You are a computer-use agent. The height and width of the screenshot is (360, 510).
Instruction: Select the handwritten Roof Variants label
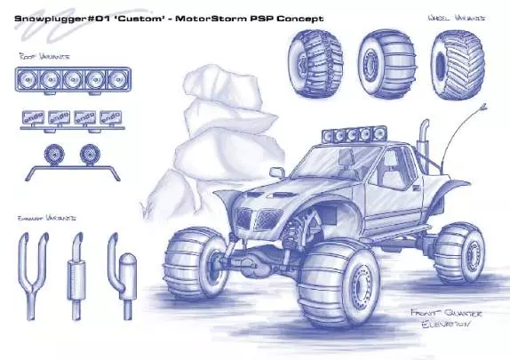coord(42,58)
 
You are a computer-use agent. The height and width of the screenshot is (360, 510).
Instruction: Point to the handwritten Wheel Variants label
coord(458,17)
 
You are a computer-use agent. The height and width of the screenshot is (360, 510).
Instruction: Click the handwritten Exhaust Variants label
coord(46,216)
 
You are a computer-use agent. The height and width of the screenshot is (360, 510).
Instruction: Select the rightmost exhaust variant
coord(120,267)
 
